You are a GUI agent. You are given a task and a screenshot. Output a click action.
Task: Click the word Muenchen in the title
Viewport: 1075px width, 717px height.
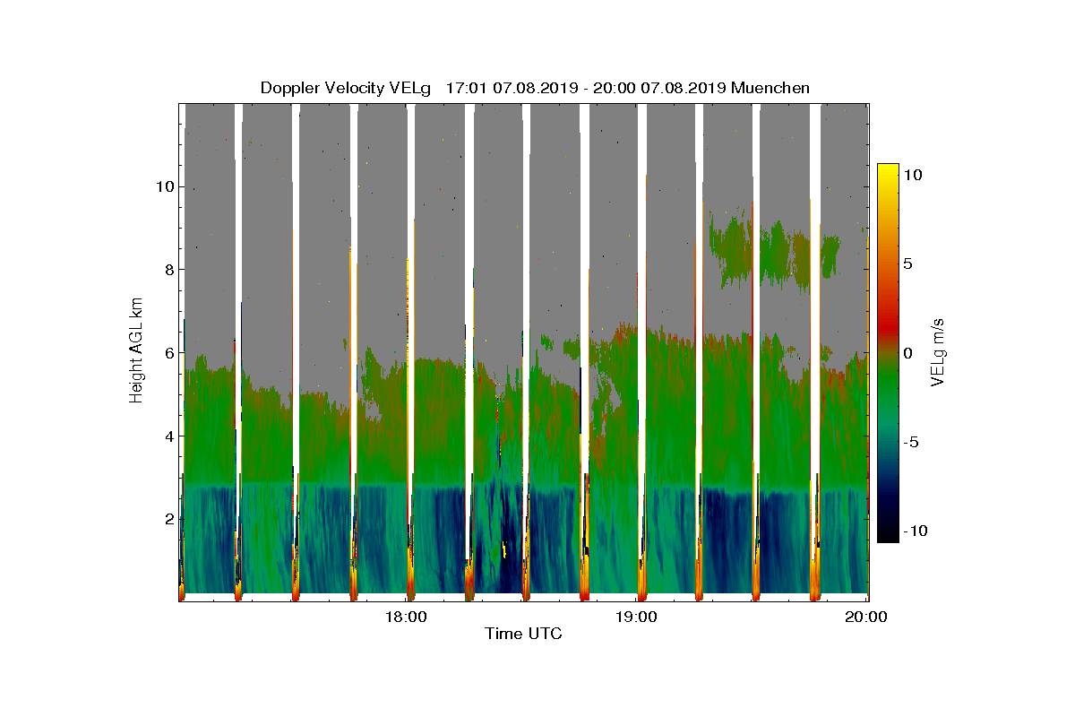[770, 88]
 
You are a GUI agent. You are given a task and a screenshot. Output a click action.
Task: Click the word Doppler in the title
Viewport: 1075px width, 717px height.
[288, 88]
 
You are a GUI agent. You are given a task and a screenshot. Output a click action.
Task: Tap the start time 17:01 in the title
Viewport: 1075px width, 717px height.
[466, 88]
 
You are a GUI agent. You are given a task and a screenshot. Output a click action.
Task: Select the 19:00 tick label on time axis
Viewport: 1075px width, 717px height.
[636, 617]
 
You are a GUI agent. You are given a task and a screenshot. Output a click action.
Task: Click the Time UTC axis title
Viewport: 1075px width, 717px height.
[523, 634]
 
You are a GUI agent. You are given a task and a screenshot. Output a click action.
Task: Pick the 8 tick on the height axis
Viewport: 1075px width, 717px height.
[168, 270]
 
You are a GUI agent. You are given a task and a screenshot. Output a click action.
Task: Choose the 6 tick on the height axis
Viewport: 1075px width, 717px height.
[168, 353]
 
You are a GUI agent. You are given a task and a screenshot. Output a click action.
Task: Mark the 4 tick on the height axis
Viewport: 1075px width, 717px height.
[168, 436]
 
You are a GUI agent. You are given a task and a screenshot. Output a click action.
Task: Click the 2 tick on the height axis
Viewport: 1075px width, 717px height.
[168, 519]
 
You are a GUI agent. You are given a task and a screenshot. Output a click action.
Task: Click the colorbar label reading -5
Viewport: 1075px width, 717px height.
[911, 442]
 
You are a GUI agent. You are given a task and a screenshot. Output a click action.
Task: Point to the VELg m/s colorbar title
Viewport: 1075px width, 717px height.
[937, 351]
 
